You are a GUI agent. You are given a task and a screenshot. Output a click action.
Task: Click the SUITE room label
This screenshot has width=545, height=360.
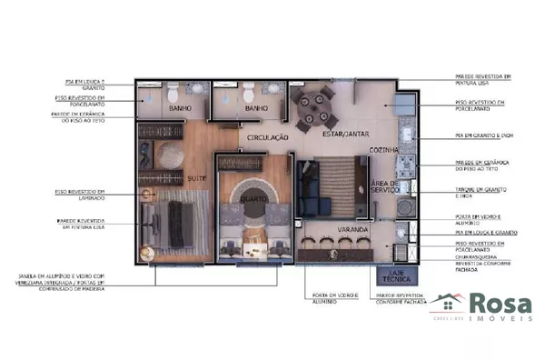[196, 177]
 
